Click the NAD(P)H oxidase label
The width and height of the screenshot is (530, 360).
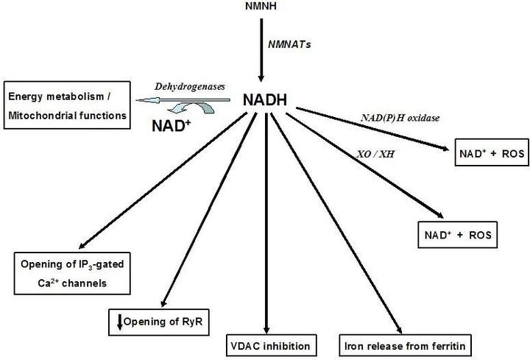click(404, 116)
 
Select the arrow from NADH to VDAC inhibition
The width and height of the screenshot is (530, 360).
click(269, 221)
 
